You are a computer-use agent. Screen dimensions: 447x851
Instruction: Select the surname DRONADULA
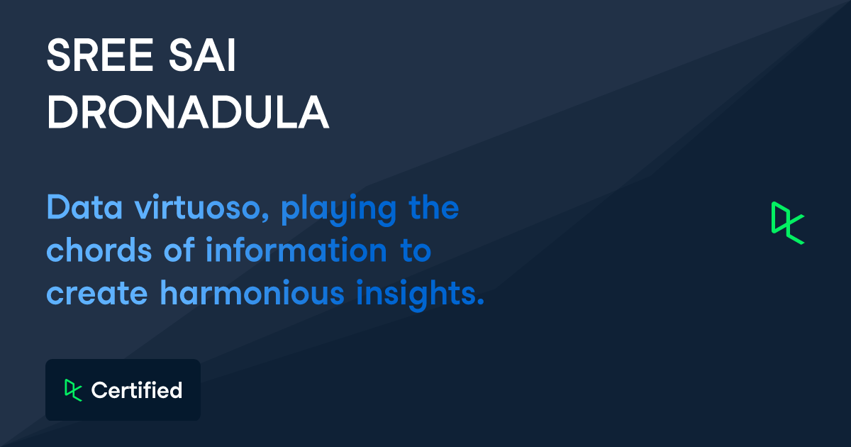(188, 112)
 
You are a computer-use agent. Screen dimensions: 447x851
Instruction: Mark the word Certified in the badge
(137, 390)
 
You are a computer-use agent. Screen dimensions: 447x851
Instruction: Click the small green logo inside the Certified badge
(73, 390)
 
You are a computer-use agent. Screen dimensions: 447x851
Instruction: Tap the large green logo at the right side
(787, 223)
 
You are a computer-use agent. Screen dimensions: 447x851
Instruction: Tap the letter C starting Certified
(99, 390)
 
